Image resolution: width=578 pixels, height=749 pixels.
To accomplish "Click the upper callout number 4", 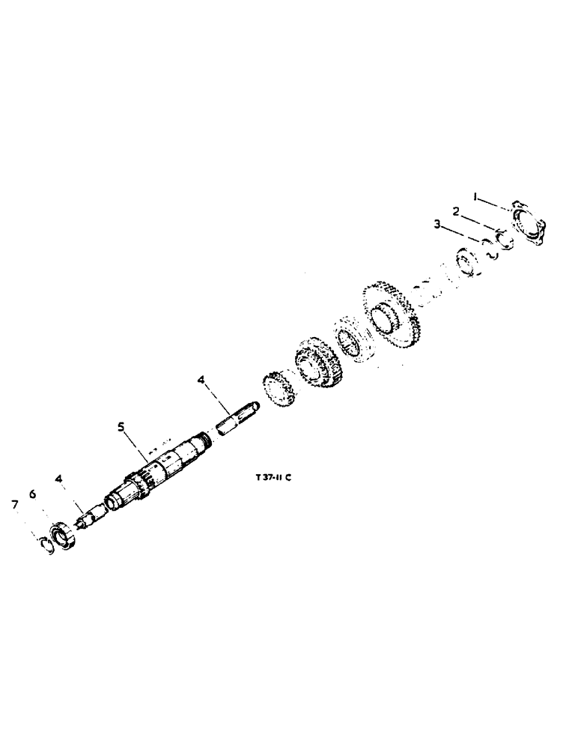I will pyautogui.click(x=201, y=381).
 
